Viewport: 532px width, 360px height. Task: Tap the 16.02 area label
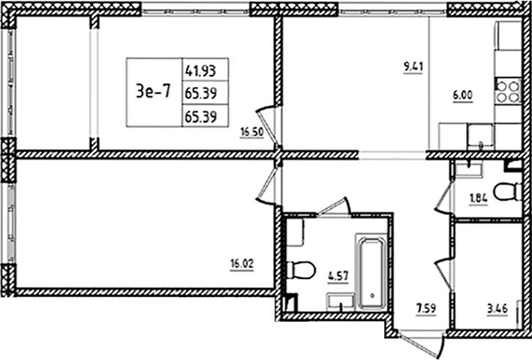click(241, 263)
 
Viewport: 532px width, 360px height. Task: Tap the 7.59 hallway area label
click(425, 306)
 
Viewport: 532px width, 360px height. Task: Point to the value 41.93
click(205, 71)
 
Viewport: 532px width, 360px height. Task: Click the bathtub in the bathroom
click(370, 274)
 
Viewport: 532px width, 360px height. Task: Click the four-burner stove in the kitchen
click(508, 90)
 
